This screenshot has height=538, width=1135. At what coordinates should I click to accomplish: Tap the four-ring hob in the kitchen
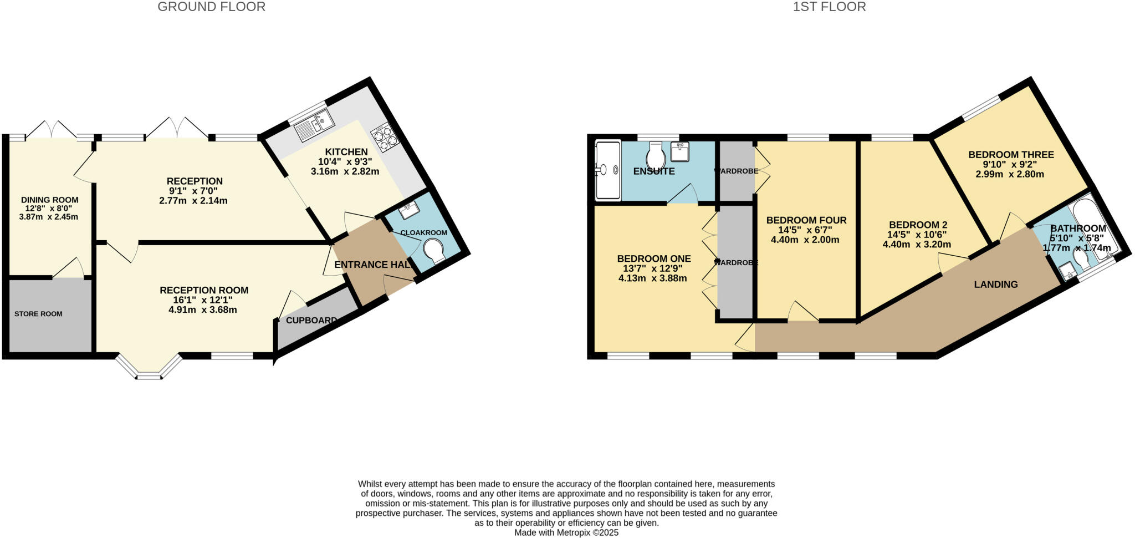tap(386, 137)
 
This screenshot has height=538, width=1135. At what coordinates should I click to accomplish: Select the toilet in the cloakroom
tap(434, 251)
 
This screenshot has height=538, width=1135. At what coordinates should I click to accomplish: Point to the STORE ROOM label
tap(38, 314)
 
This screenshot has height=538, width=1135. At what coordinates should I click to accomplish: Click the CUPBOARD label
tap(311, 321)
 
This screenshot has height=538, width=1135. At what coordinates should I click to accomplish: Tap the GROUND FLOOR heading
tap(211, 7)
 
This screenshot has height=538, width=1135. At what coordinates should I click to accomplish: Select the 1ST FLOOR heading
tap(829, 7)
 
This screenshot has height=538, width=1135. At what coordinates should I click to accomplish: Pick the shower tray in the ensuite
tap(607, 170)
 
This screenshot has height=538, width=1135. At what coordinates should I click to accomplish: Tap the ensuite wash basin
tap(680, 151)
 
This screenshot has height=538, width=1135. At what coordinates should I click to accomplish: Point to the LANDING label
tap(996, 285)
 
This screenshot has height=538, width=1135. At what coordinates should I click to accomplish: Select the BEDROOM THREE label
tap(1011, 155)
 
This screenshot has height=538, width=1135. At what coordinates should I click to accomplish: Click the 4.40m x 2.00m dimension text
tap(805, 240)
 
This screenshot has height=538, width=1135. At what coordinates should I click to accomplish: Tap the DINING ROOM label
tap(49, 200)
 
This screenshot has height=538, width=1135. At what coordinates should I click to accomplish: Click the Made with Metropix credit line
tap(566, 532)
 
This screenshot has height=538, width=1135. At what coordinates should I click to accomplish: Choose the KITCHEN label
tap(346, 152)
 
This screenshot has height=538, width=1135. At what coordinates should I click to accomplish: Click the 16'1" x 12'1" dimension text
tap(203, 300)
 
